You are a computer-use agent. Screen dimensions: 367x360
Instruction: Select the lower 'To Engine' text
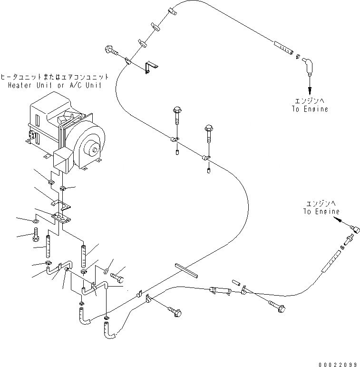(322, 211)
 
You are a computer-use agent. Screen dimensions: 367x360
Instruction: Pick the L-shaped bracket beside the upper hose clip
(151, 67)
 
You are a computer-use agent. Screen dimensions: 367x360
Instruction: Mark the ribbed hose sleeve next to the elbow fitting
(284, 48)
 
